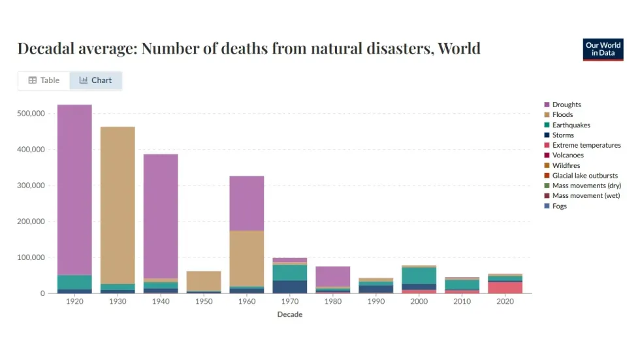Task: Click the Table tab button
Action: pyautogui.click(x=44, y=80)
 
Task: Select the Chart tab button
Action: pyautogui.click(x=95, y=80)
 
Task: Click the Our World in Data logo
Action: pyautogui.click(x=603, y=50)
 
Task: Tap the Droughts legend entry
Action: pyautogui.click(x=566, y=105)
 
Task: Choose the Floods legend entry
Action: pyautogui.click(x=562, y=115)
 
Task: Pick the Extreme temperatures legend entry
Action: pyautogui.click(x=586, y=145)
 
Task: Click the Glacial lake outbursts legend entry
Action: pyautogui.click(x=584, y=176)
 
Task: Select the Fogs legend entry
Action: pyautogui.click(x=559, y=206)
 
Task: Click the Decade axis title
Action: pyautogui.click(x=290, y=314)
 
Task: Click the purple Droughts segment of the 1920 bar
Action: pyautogui.click(x=74, y=189)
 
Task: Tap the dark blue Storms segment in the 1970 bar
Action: pyautogui.click(x=290, y=286)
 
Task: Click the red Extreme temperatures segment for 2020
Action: pyautogui.click(x=505, y=287)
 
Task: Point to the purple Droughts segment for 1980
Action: pyautogui.click(x=333, y=276)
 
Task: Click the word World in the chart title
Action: pyautogui.click(x=458, y=48)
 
